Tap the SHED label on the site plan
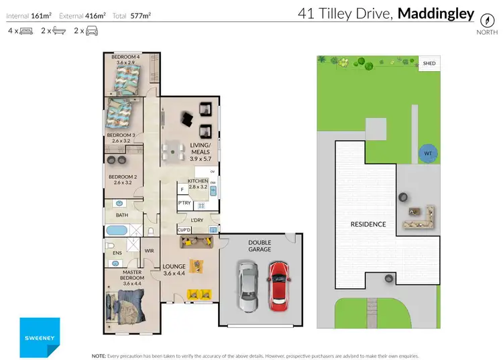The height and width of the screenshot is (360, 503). (429, 64)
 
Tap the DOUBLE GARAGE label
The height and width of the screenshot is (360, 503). (260, 245)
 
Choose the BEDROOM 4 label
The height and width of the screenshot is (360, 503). (125, 59)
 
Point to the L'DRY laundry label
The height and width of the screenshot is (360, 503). (197, 220)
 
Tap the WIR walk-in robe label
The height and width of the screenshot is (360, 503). (149, 251)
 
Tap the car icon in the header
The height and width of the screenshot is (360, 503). (91, 31)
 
